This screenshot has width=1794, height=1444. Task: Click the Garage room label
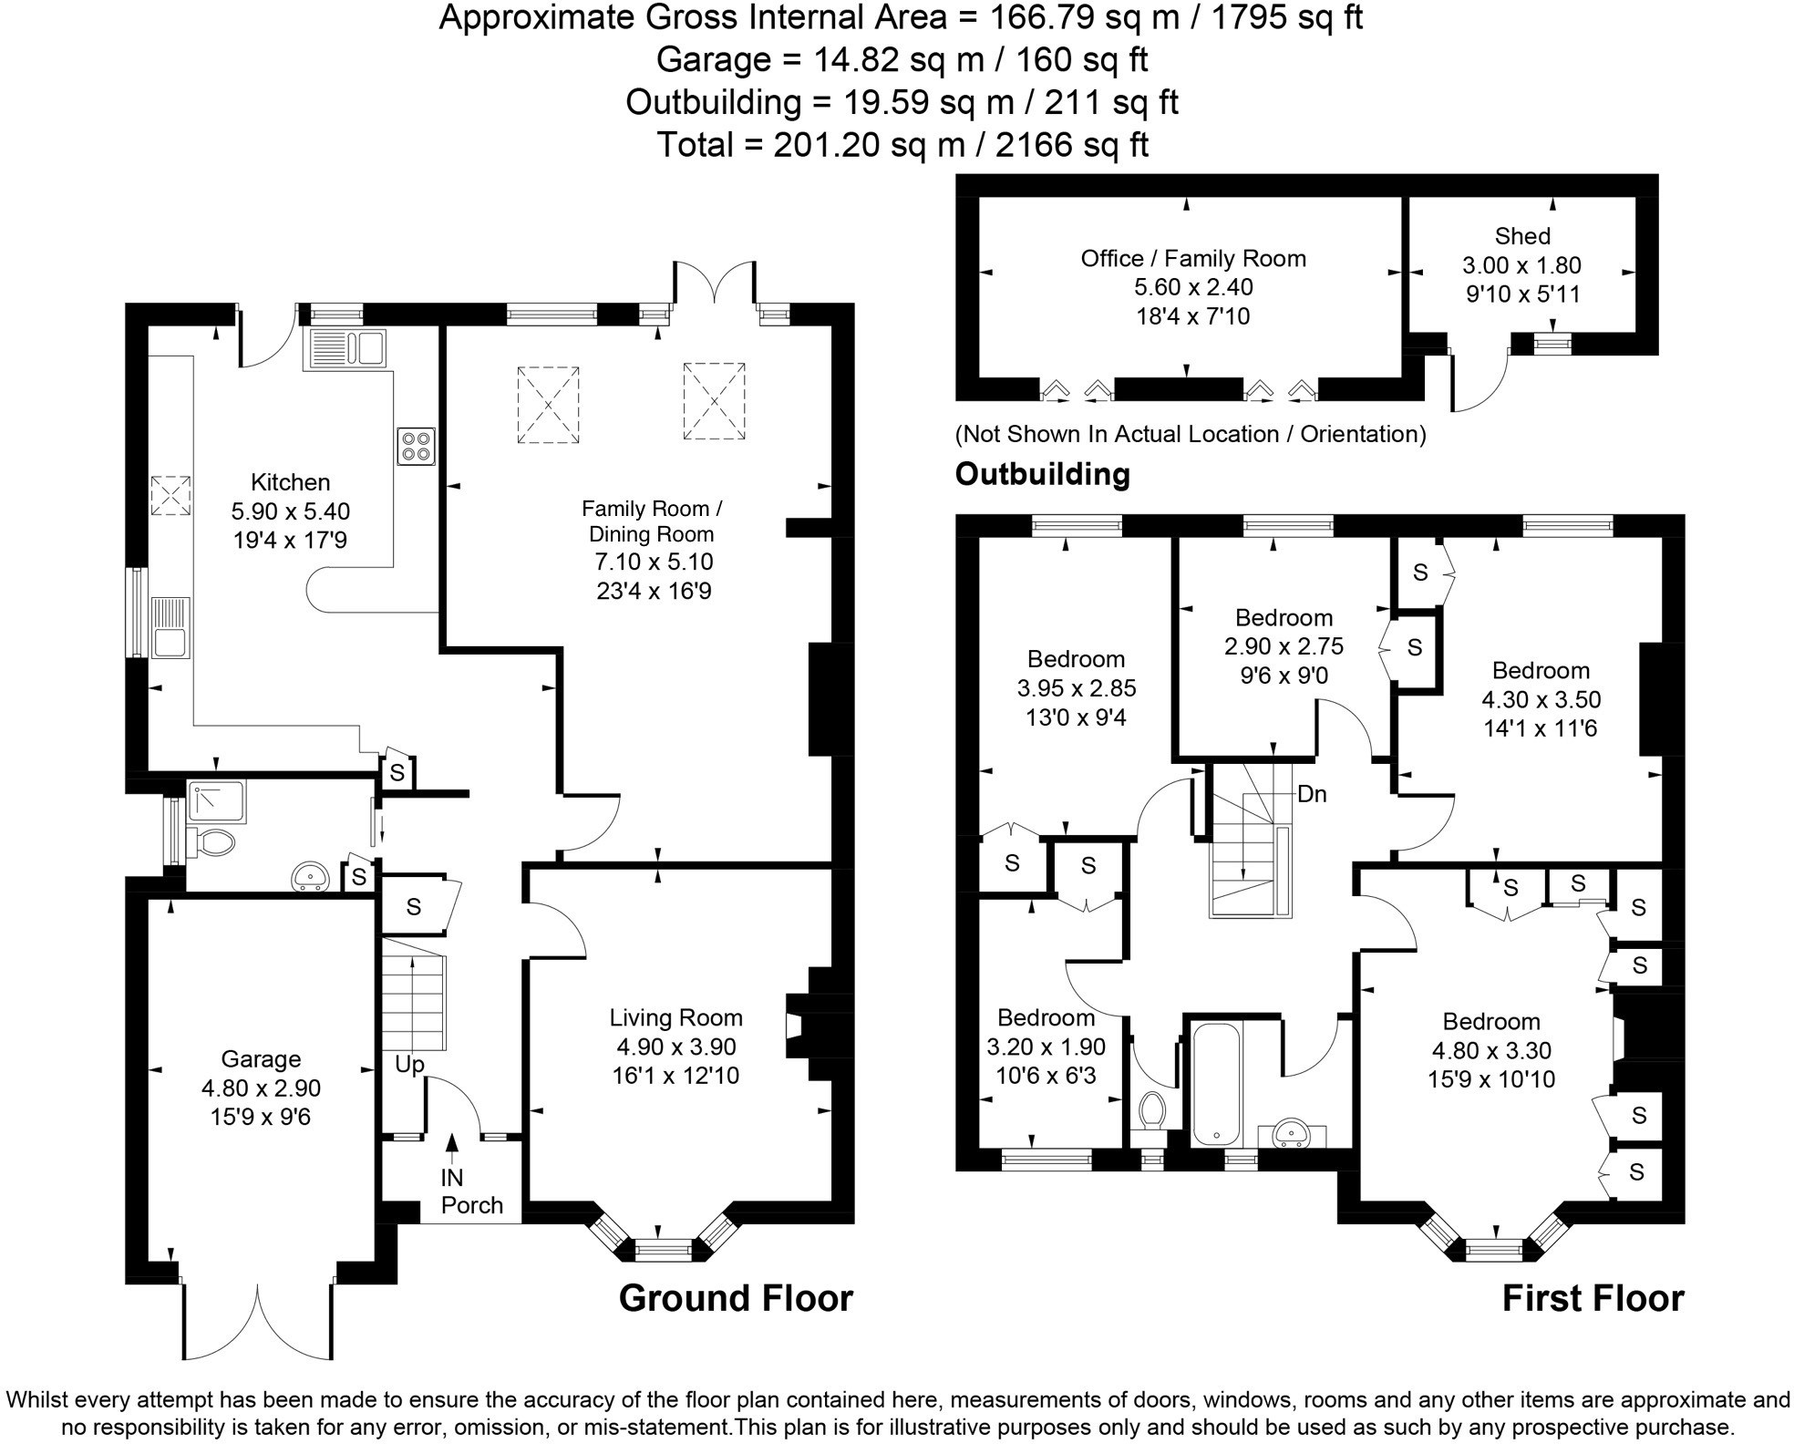tap(261, 1058)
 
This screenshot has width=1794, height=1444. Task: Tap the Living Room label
tap(675, 1017)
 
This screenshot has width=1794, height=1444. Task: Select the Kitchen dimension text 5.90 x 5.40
tap(291, 511)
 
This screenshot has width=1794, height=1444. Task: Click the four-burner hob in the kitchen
tap(416, 447)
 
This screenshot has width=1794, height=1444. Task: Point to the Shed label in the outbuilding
tap(1522, 236)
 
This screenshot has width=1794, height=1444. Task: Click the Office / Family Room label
tap(1193, 259)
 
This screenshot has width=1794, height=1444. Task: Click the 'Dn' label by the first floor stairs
tap(1312, 794)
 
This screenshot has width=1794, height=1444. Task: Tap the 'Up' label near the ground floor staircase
tap(409, 1064)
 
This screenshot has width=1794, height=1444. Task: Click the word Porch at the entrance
tap(471, 1205)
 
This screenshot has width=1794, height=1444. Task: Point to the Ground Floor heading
tap(736, 1298)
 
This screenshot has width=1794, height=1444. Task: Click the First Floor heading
tap(1593, 1298)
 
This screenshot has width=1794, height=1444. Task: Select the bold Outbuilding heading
tap(1042, 474)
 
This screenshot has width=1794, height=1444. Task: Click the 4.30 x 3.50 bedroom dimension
tap(1541, 699)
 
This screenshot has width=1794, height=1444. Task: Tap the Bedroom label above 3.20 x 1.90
tap(1046, 1017)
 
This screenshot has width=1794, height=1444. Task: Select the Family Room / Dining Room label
tap(651, 521)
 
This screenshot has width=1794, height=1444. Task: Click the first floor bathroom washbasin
tap(1291, 1133)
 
